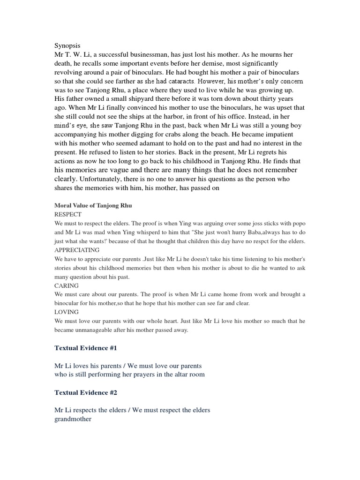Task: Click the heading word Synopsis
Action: (67, 46)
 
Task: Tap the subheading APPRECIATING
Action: (77, 250)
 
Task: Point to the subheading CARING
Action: (67, 285)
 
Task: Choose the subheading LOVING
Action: (67, 312)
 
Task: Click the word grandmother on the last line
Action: (73, 419)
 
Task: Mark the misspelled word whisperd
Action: (148, 232)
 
